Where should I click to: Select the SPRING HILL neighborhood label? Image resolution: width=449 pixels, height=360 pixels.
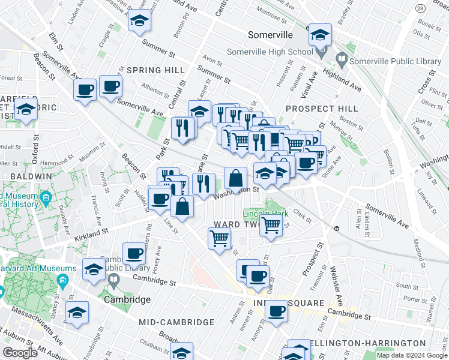(155, 70)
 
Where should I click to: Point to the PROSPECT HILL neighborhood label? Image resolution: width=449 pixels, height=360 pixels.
(321, 109)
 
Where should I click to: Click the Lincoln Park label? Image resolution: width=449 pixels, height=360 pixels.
(266, 214)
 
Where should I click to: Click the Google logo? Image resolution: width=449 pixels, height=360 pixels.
(20, 353)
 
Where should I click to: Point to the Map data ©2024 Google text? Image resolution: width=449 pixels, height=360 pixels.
(412, 355)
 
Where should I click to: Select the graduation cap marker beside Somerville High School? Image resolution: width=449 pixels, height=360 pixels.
(320, 35)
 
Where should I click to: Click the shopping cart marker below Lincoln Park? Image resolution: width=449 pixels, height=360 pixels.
(271, 226)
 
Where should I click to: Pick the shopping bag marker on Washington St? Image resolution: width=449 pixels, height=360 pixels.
(236, 178)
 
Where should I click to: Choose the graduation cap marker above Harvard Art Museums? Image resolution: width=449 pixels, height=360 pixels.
(94, 269)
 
